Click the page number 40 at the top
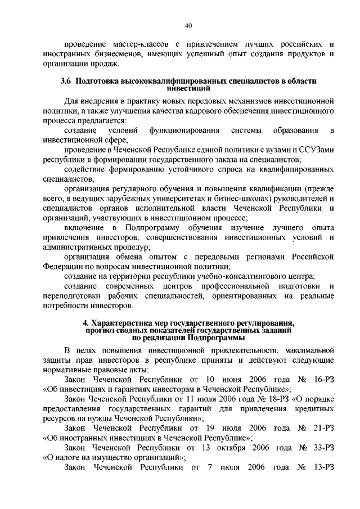(188, 25)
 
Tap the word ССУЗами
(319, 151)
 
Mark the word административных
(94, 247)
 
